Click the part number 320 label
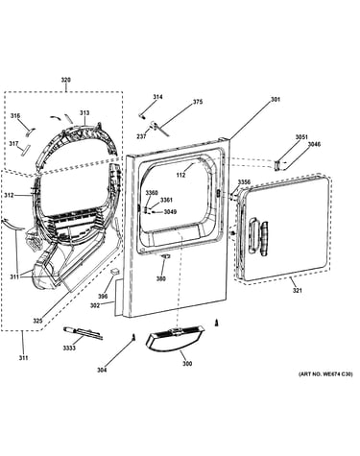click(66, 80)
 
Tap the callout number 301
click(276, 99)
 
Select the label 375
click(198, 102)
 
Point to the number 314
click(157, 97)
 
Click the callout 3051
click(301, 137)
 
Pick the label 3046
click(314, 144)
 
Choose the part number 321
click(298, 291)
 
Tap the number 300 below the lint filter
click(187, 364)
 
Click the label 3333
click(69, 348)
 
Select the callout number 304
click(102, 371)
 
